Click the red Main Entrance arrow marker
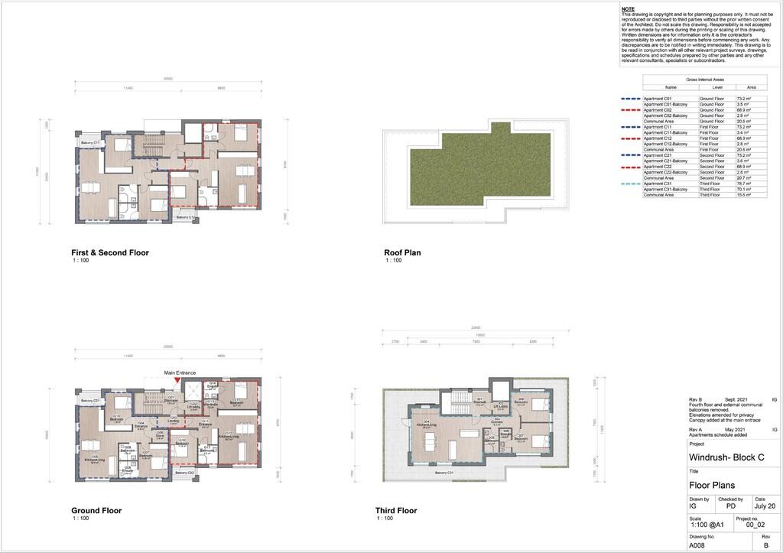point(177,379)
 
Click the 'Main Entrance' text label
point(180,372)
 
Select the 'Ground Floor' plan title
point(96,510)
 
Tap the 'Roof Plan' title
point(402,252)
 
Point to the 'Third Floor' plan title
point(396,510)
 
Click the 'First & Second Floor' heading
point(110,252)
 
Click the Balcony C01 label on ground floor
point(91,401)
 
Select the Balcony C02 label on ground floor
point(184,473)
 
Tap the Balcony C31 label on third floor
point(444,473)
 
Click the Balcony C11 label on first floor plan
point(91,143)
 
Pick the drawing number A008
point(698,545)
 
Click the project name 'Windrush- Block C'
point(726,457)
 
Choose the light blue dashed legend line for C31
point(631,184)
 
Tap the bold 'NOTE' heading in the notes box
point(629,8)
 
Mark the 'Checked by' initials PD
point(732,506)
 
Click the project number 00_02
point(755,525)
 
